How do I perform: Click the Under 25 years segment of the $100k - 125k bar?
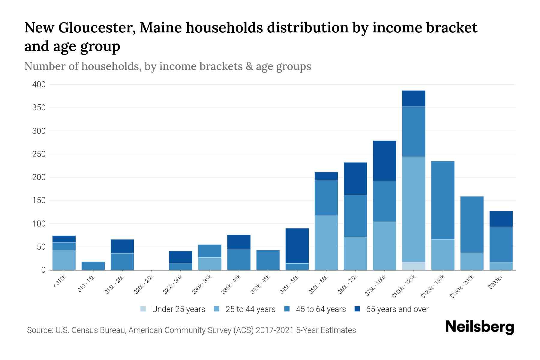(413, 266)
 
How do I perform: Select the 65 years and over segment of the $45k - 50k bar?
(297, 246)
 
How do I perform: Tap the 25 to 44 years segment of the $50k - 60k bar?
(326, 243)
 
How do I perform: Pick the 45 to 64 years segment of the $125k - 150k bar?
(442, 200)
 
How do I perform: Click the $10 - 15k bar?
(93, 266)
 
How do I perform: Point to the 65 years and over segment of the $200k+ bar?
(501, 219)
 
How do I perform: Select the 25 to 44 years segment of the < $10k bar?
(64, 260)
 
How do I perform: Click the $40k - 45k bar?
(268, 260)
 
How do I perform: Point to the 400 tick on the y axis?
(39, 85)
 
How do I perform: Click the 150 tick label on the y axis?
(39, 200)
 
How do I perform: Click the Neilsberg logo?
(479, 327)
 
